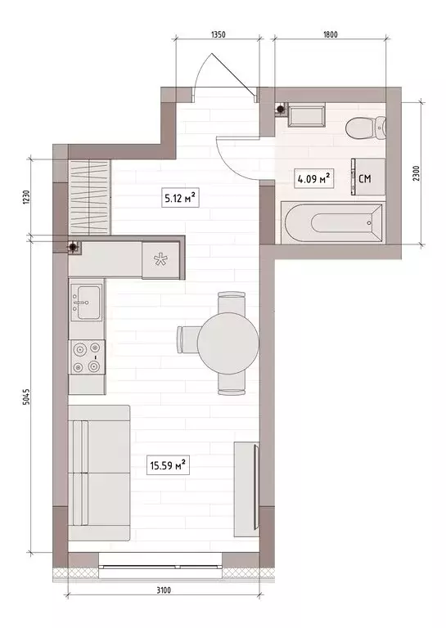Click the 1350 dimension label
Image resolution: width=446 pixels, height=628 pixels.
tap(218, 35)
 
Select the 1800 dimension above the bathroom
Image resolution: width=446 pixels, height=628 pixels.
tap(331, 35)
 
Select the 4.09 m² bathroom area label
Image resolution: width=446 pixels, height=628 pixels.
tap(313, 177)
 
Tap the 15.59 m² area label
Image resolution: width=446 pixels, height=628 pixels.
tap(168, 467)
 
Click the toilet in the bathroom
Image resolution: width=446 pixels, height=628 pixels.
tap(365, 129)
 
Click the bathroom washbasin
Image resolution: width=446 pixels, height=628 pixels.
tap(308, 116)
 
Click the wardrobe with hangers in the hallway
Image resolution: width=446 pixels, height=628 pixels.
tap(89, 196)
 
